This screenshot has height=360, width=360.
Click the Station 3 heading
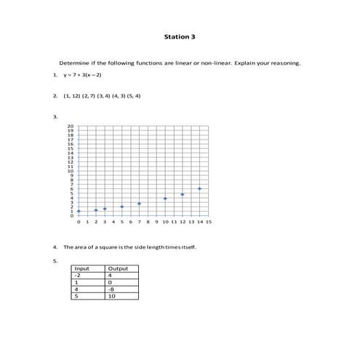tap(180, 36)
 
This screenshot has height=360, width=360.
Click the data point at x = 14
tap(199, 188)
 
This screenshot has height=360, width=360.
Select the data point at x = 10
tap(165, 198)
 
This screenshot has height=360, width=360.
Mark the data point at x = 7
tap(139, 204)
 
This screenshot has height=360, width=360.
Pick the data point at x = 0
tap(78, 211)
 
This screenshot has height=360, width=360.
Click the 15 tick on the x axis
tap(209, 222)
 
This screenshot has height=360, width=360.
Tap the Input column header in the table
tap(82, 269)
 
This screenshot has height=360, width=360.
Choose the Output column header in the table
tap(117, 269)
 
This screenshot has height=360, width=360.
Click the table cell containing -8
tap(111, 289)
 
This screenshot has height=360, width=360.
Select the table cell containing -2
tap(78, 276)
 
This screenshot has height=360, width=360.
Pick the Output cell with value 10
tap(112, 296)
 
